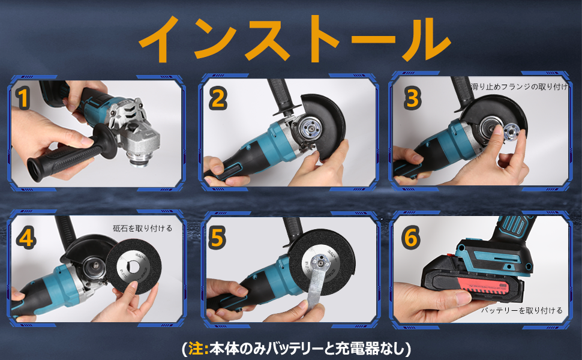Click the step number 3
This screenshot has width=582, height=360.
pos(411,98)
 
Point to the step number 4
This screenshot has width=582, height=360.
pos(25,238)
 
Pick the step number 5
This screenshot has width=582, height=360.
pos(217,238)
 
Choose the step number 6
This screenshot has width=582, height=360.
pos(411,238)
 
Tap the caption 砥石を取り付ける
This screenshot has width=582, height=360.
pos(142,228)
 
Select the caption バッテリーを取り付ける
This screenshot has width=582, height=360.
pos(522,310)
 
